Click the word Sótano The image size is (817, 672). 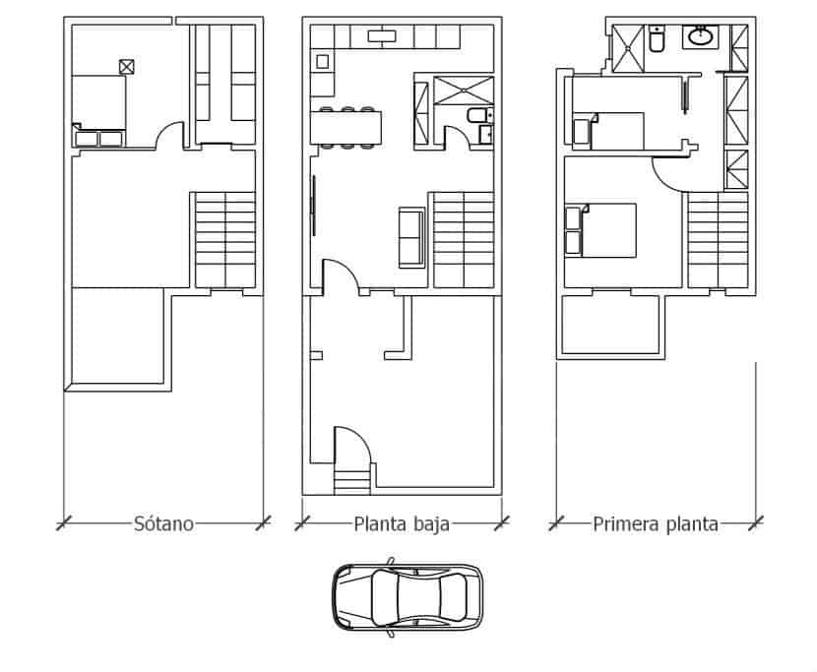coord(163,523)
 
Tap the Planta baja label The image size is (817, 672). coord(402,523)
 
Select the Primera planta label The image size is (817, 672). coord(656,523)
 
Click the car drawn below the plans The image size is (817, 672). coord(408,597)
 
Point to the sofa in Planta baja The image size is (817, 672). coord(412,237)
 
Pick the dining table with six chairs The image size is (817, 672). coord(346,128)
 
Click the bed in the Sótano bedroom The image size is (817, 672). coord(99,110)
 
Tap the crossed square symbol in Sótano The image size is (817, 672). coord(127,67)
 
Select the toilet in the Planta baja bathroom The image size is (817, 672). coord(477,115)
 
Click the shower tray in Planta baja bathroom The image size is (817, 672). coord(464,91)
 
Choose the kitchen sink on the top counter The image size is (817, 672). coord(382,36)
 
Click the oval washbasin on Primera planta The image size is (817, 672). coord(701,36)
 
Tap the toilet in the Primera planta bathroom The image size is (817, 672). coord(657,39)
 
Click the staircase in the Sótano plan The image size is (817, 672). coord(225,240)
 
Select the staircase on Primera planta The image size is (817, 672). coord(718,240)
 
